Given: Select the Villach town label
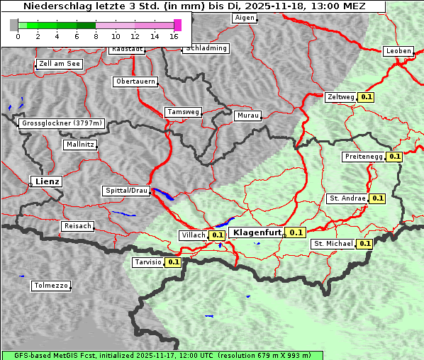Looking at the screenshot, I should coord(194,235).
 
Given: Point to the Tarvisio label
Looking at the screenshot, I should coord(147,262).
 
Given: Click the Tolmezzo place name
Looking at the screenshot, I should coord(50,286).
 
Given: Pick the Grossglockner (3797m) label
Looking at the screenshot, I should coord(62,123).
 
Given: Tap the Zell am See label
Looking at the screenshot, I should coord(60,64).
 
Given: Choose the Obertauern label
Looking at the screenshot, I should coord(135,81).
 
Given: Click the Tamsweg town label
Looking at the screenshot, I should coord(183,112).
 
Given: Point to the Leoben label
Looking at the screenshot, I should coord(398,51).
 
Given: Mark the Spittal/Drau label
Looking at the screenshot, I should coord(126,191).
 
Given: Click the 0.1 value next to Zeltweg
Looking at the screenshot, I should coord(367,97).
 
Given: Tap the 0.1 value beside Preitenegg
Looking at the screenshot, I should coord(394,157).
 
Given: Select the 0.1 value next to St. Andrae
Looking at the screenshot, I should coord(376,198).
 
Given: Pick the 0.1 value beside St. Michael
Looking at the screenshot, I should coord(364,244).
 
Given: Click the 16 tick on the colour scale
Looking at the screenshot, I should coord(174,35).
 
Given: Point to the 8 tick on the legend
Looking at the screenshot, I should coord(96,35).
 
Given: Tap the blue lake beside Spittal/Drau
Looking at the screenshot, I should coord(164,193).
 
